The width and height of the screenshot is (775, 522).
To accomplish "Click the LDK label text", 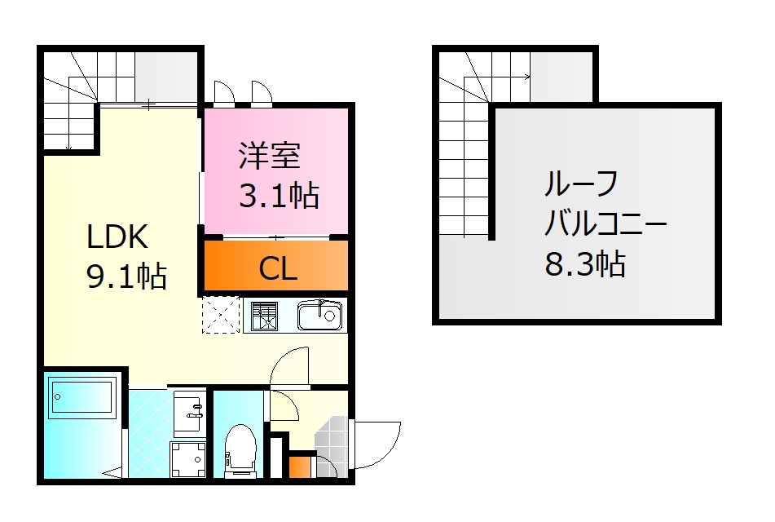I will pyautogui.click(x=117, y=237).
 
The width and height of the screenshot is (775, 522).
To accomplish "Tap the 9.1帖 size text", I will pyautogui.click(x=126, y=276).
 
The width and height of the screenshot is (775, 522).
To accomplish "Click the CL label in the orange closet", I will pyautogui.click(x=278, y=268).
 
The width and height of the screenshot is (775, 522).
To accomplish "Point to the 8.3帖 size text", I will pyautogui.click(x=585, y=263).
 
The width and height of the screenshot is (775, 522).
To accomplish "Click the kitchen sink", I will pyautogui.click(x=320, y=315).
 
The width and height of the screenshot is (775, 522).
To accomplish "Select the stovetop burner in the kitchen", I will pyautogui.click(x=264, y=316).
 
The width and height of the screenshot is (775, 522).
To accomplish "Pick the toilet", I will pyautogui.click(x=240, y=448).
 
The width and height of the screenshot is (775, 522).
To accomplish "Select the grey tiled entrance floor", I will pyautogui.click(x=332, y=441).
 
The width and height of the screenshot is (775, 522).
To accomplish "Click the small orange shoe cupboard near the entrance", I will pyautogui.click(x=300, y=467).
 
